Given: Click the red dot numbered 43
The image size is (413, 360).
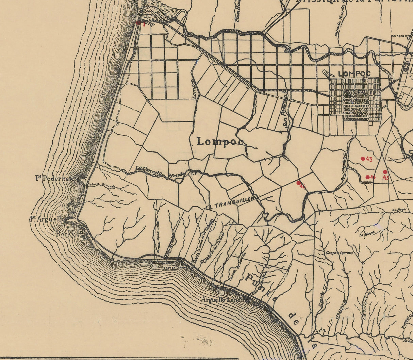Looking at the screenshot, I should click(x=363, y=159).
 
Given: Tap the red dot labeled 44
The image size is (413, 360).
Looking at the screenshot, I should click(x=367, y=177).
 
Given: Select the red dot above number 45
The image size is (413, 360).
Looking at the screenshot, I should click(x=385, y=172).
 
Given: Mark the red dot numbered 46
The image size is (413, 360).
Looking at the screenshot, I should click(x=298, y=183).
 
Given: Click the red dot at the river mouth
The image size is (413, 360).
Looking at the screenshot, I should click(x=138, y=23).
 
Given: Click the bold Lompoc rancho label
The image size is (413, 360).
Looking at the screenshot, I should click(x=220, y=142).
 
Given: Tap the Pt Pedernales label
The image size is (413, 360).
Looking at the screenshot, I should click(x=56, y=178).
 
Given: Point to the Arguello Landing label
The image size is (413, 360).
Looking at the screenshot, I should click(x=226, y=300).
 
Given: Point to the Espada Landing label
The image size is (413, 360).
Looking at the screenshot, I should click(x=175, y=267).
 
